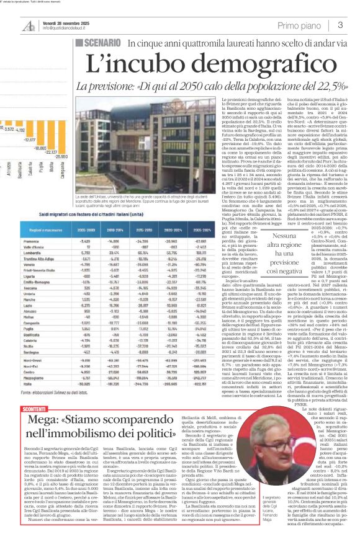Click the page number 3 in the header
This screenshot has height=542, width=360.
point(340,25)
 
